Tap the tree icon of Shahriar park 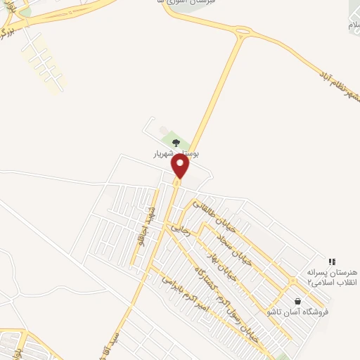click(176, 143)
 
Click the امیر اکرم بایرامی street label click(186, 288)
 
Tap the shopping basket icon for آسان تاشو click(297, 301)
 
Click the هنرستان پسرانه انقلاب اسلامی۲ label click(332, 276)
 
